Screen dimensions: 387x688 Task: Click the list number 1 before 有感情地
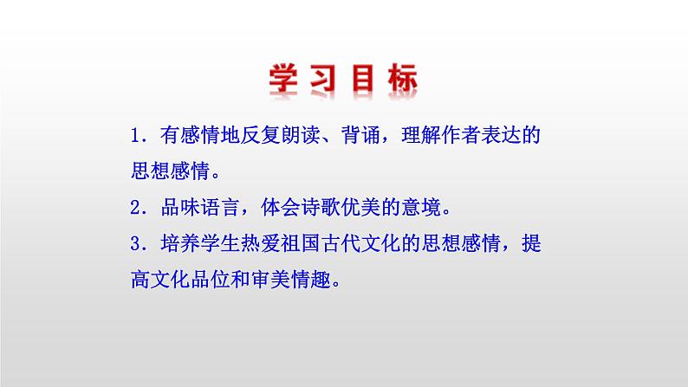click(x=135, y=136)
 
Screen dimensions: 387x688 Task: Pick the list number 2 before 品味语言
click(x=135, y=208)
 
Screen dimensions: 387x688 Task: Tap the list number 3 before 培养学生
click(x=135, y=244)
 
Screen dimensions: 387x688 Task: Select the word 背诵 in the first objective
click(x=364, y=136)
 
